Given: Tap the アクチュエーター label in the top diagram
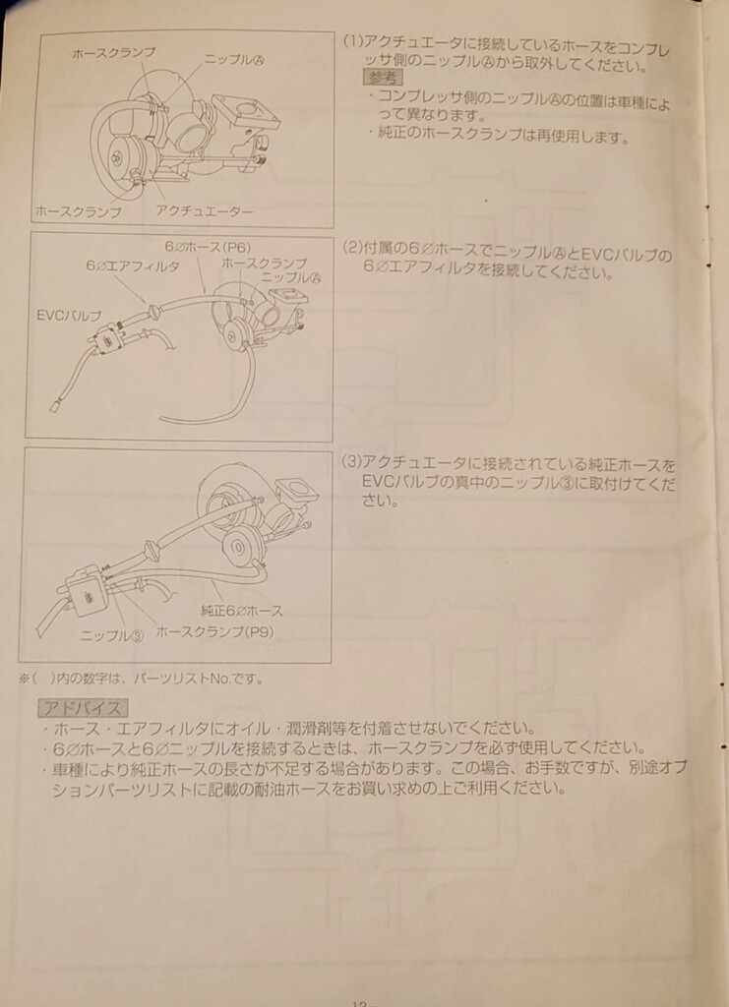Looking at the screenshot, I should click(x=204, y=211).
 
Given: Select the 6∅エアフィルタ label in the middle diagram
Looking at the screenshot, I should click(x=132, y=267).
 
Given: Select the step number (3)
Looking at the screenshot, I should click(x=350, y=461).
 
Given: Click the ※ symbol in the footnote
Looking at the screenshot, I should click(x=24, y=678).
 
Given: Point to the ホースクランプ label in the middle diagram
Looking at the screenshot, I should click(x=264, y=264).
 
